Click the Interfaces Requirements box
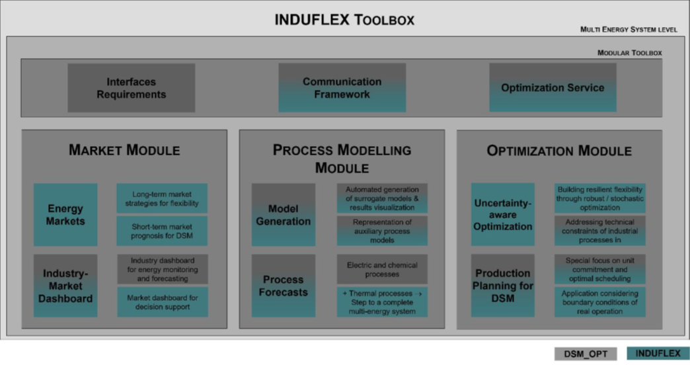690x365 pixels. click(x=131, y=88)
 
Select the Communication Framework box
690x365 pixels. click(x=342, y=88)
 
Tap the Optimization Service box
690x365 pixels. click(x=553, y=88)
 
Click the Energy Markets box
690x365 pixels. click(x=65, y=215)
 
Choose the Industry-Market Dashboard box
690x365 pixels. click(x=65, y=286)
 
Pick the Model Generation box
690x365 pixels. click(x=283, y=215)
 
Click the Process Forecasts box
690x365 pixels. click(x=283, y=286)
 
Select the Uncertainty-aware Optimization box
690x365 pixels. click(x=502, y=215)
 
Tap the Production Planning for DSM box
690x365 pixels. click(x=502, y=286)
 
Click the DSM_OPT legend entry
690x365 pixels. click(x=586, y=354)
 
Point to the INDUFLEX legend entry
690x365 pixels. click(x=658, y=354)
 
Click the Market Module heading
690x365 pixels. click(x=124, y=151)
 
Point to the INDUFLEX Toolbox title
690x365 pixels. click(x=344, y=20)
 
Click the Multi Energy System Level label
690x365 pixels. click(x=629, y=30)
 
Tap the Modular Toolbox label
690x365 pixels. click(x=629, y=53)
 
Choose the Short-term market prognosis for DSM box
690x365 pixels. click(x=162, y=231)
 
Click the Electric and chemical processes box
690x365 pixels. click(x=382, y=270)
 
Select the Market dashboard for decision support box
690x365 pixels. click(x=162, y=302)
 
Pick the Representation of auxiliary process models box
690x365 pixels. click(x=382, y=231)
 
